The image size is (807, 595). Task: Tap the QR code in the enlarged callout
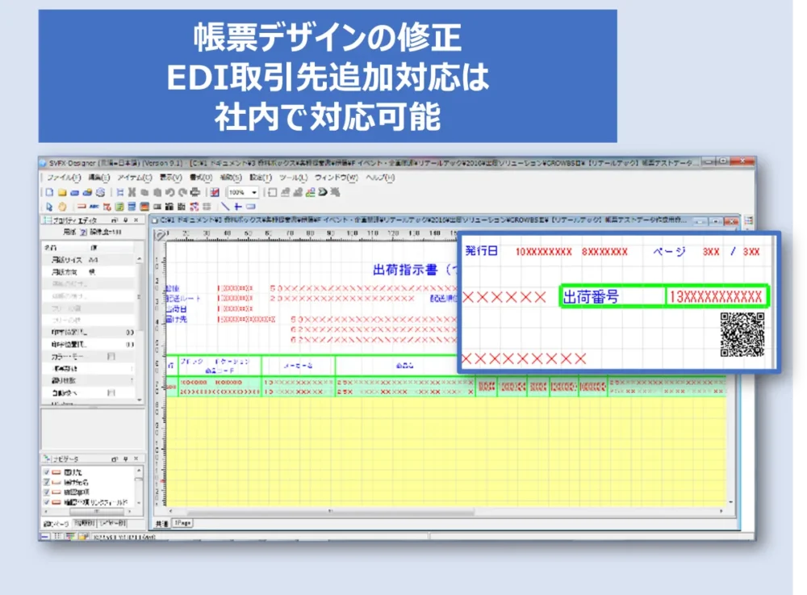[x=742, y=334]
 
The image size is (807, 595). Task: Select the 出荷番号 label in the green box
[x=591, y=297]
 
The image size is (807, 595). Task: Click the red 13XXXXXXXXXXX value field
[x=716, y=297]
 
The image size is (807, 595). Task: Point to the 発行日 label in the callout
[x=482, y=251]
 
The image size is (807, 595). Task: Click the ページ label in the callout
[x=669, y=252]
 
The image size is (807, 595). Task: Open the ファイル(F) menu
[x=64, y=177]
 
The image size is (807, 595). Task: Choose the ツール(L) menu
[x=290, y=177]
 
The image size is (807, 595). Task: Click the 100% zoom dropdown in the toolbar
[x=243, y=193]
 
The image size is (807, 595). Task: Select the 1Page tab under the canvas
[x=182, y=523]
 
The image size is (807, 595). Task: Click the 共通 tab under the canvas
[x=161, y=523]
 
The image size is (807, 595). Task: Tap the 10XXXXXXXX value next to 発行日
[x=543, y=252]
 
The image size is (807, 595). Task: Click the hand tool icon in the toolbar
[x=62, y=206]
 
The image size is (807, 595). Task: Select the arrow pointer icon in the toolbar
[x=50, y=206]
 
